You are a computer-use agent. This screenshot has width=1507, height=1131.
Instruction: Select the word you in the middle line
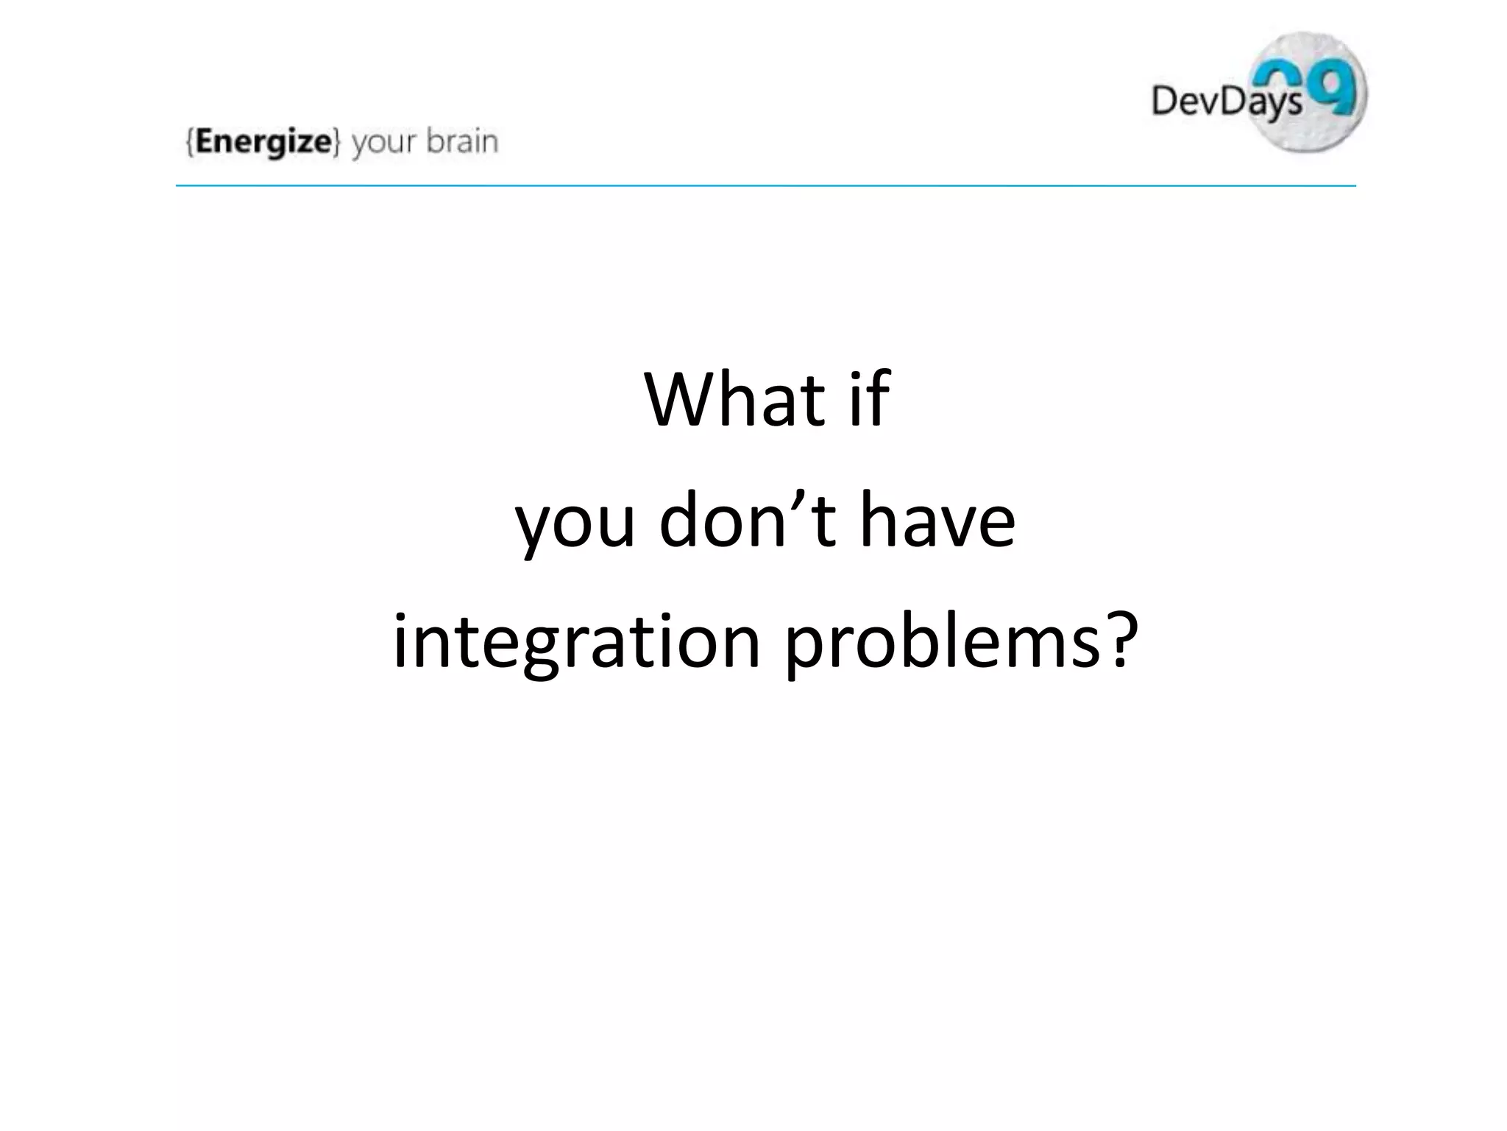[x=575, y=523]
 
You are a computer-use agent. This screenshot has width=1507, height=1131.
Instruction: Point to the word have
[x=938, y=520]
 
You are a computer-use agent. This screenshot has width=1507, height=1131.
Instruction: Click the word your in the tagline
[x=385, y=143]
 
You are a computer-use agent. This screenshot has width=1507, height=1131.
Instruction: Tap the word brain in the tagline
[x=462, y=141]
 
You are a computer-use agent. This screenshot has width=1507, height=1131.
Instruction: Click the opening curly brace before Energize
[x=191, y=142]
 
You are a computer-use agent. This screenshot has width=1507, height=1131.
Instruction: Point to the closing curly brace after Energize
[x=337, y=142]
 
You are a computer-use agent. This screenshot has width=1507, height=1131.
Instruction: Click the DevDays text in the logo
[x=1226, y=102]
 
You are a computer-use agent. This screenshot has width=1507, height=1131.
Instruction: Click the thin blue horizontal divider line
[x=765, y=186]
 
